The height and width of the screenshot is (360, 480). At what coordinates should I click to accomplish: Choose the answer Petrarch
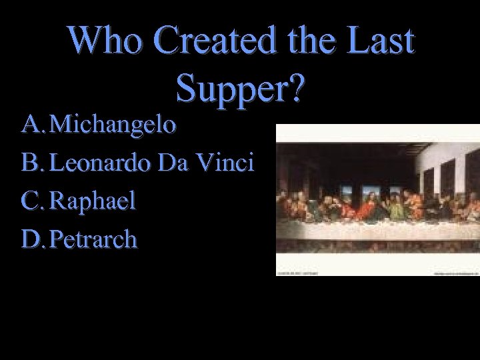pos(94,239)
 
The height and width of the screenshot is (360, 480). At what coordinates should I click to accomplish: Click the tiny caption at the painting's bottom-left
pos(298,272)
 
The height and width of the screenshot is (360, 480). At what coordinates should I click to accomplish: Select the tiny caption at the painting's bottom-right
pos(457,272)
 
